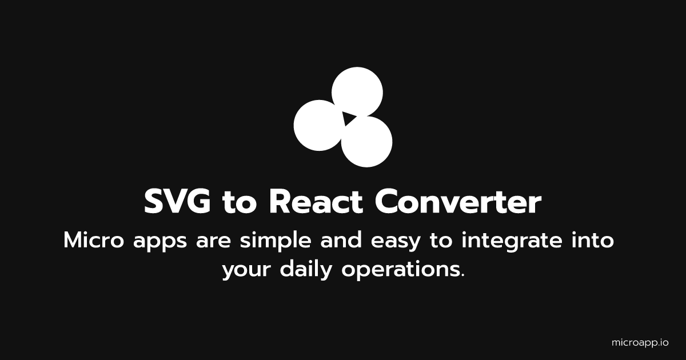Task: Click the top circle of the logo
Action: pyautogui.click(x=357, y=91)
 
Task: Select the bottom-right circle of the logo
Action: pyautogui.click(x=367, y=142)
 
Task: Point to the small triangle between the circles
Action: pyautogui.click(x=348, y=119)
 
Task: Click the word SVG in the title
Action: pyautogui.click(x=178, y=202)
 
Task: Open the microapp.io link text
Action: pyautogui.click(x=640, y=343)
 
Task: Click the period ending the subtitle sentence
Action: pyautogui.click(x=462, y=275)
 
